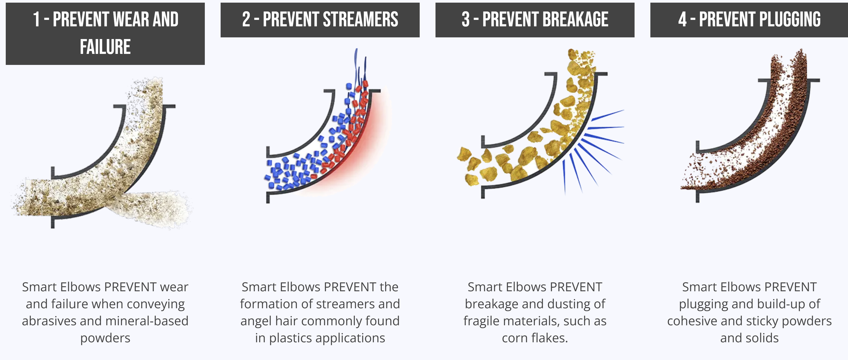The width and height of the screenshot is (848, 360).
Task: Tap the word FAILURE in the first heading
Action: pyautogui.click(x=105, y=46)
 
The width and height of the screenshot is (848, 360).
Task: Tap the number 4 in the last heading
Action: pyautogui.click(x=682, y=19)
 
